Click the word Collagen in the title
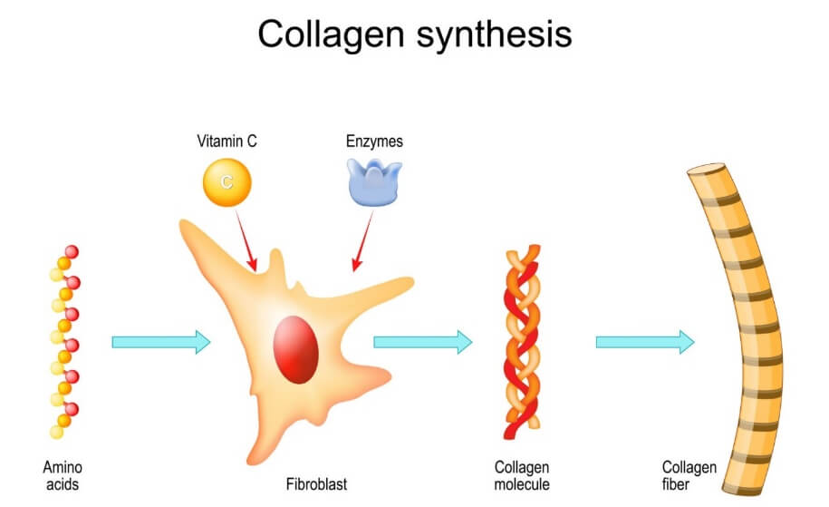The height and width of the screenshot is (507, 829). (x=331, y=34)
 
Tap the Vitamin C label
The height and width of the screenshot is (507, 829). (x=226, y=141)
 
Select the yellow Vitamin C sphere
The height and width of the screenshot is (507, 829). (x=227, y=181)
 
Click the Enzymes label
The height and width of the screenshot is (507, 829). (x=374, y=141)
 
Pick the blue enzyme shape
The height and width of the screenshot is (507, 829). (x=374, y=180)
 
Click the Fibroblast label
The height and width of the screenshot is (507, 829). (x=316, y=484)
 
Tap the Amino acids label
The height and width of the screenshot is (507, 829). (x=63, y=475)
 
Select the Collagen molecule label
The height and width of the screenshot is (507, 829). (x=522, y=475)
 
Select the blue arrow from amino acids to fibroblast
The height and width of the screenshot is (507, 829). (x=160, y=342)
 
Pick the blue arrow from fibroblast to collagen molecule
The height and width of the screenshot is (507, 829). (x=422, y=342)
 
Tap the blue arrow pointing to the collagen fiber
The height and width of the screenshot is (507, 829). (x=644, y=342)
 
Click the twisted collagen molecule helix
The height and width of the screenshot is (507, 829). (x=522, y=340)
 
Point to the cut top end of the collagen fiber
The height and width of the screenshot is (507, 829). (x=707, y=170)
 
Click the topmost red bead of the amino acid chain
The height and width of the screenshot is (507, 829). (x=72, y=251)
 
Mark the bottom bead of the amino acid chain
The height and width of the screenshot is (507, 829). (x=56, y=431)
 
